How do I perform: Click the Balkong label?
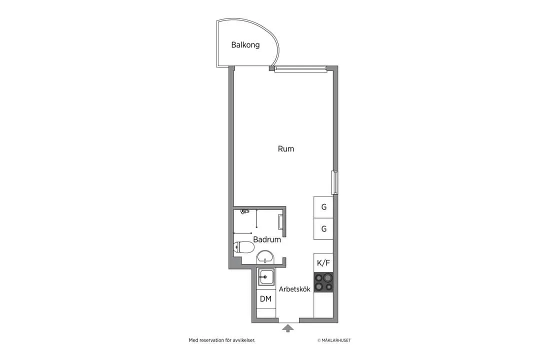click(245, 45)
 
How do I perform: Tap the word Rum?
click(286, 149)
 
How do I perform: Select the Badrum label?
click(266, 239)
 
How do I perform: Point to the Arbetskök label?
click(294, 289)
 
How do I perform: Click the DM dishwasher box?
click(265, 299)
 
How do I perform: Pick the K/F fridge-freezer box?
click(323, 262)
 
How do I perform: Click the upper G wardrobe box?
click(323, 207)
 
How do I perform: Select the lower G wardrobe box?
click(323, 229)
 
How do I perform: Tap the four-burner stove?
click(323, 282)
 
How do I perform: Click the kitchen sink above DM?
click(265, 276)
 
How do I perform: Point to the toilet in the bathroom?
click(244, 246)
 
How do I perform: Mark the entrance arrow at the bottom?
click(287, 328)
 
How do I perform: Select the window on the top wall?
click(300, 69)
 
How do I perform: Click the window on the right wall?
click(335, 182)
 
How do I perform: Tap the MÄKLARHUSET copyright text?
click(334, 340)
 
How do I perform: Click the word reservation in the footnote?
click(214, 340)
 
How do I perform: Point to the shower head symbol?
click(244, 211)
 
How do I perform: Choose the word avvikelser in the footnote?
click(244, 340)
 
